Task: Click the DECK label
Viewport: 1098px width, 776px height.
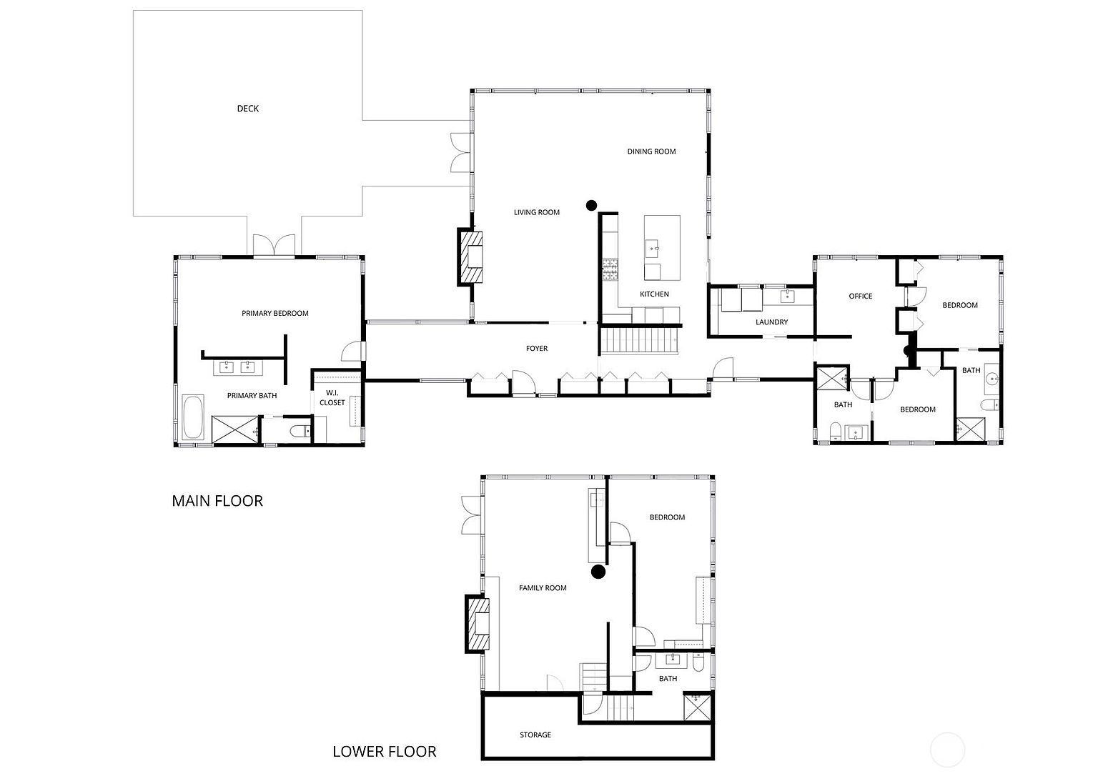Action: pos(248,109)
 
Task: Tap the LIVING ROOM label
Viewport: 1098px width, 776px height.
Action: pos(536,212)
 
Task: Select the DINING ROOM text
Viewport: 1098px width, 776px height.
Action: pos(651,151)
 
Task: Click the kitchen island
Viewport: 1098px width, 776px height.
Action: pos(662,248)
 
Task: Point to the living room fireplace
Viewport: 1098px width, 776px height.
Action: pos(470,257)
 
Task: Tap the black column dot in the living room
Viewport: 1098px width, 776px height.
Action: pos(591,205)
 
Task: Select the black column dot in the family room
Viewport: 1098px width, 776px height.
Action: pos(598,572)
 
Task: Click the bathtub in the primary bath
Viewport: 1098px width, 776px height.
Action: pos(193,418)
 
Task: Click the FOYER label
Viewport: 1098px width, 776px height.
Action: pos(536,349)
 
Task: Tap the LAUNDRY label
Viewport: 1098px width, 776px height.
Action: pos(771,322)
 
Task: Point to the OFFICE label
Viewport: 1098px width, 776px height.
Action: pos(860,296)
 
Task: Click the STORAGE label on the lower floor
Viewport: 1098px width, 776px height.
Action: pos(535,735)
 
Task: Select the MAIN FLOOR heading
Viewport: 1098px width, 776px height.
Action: pos(217,501)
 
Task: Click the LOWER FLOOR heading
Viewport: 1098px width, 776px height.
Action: pos(384,752)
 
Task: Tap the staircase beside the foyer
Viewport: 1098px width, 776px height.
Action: pos(640,341)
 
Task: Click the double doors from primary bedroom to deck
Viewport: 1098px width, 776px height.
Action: pos(274,245)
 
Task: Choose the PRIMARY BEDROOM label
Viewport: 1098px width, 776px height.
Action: pos(274,313)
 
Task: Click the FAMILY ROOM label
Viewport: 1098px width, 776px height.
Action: pos(542,588)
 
